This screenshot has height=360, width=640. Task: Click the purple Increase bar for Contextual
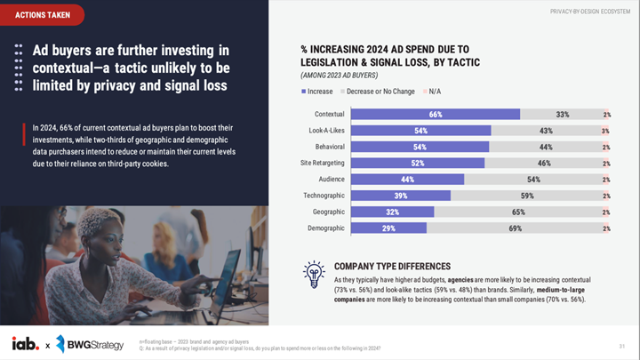436,114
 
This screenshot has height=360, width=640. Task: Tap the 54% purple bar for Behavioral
420,147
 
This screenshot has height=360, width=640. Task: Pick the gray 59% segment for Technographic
526,196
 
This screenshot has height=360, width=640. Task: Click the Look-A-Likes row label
324,131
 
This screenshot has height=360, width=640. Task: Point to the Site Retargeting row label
319,163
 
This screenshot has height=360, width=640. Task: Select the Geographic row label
326,212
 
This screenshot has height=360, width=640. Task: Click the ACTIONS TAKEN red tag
37,14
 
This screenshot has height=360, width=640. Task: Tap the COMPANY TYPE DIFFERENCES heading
391,266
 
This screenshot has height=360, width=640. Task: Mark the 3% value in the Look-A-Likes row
605,131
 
